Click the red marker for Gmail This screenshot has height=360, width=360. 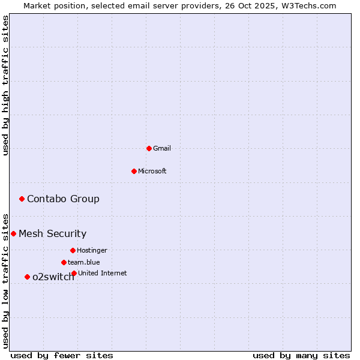click(149, 148)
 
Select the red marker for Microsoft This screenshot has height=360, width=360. click(134, 171)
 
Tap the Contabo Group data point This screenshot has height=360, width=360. click(22, 199)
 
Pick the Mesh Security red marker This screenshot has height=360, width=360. click(13, 233)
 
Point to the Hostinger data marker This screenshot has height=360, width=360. click(73, 250)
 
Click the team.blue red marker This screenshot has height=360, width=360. click(64, 262)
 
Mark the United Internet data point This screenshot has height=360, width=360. click(74, 273)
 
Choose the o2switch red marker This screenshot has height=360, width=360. click(27, 277)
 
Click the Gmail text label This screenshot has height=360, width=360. click(162, 148)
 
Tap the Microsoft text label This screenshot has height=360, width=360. click(152, 171)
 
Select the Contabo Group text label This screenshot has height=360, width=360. click(63, 199)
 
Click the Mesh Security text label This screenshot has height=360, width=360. click(52, 233)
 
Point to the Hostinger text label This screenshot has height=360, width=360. click(92, 250)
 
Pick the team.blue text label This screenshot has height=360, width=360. click(84, 262)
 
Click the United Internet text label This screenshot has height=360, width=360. click(103, 273)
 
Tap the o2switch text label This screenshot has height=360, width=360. click(53, 277)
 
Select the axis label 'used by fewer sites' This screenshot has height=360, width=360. click(62, 355)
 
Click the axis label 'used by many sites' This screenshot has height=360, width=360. click(301, 355)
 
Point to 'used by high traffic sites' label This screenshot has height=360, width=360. click(5, 85)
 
